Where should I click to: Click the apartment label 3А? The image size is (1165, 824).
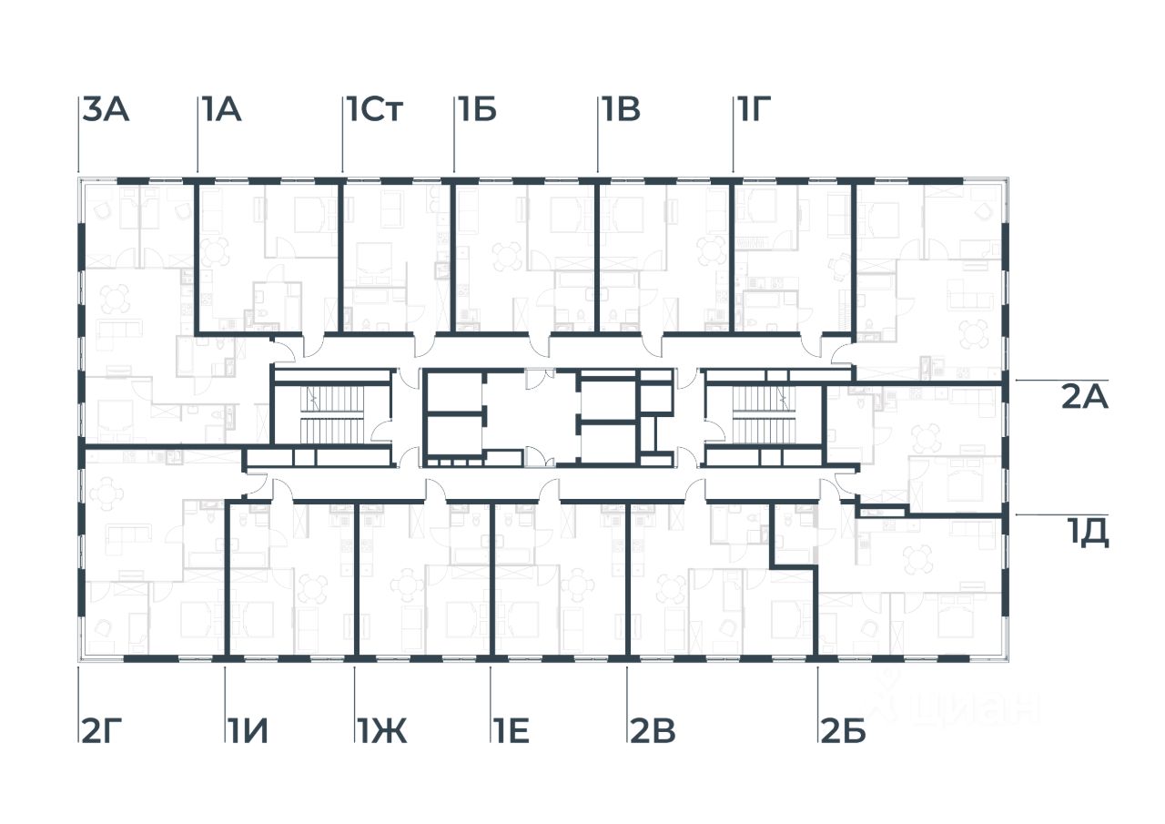(x=106, y=110)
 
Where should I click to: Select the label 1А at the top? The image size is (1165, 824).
(x=221, y=110)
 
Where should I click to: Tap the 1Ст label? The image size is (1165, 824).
(x=373, y=110)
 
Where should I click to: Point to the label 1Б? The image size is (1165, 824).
(x=476, y=110)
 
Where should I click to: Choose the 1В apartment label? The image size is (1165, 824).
(x=620, y=110)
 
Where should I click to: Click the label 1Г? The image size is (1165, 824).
(x=755, y=110)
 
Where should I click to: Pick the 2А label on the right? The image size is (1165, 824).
(x=1084, y=398)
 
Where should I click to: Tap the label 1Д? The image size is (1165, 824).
(x=1088, y=534)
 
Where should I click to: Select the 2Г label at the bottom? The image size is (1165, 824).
(x=101, y=731)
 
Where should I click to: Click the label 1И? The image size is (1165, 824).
(x=248, y=731)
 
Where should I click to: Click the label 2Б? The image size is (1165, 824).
(x=843, y=731)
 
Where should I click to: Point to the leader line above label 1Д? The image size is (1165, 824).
(x=1056, y=514)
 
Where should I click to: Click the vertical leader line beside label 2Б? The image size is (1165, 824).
(x=817, y=701)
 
